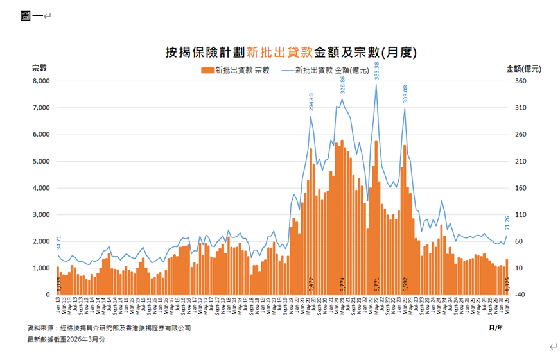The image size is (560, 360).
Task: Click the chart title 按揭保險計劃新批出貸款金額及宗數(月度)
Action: click(x=286, y=52)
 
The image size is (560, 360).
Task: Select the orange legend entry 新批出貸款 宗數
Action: click(x=236, y=69)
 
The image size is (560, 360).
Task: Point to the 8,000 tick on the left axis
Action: click(x=40, y=81)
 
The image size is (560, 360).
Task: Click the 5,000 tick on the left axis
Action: click(x=40, y=162)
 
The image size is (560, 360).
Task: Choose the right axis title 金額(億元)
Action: click(x=523, y=68)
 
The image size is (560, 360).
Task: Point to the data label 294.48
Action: click(x=311, y=104)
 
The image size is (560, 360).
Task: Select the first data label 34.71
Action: click(x=58, y=243)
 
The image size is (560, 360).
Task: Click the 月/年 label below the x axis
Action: click(x=494, y=328)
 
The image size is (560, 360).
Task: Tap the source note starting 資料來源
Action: click(x=109, y=328)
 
